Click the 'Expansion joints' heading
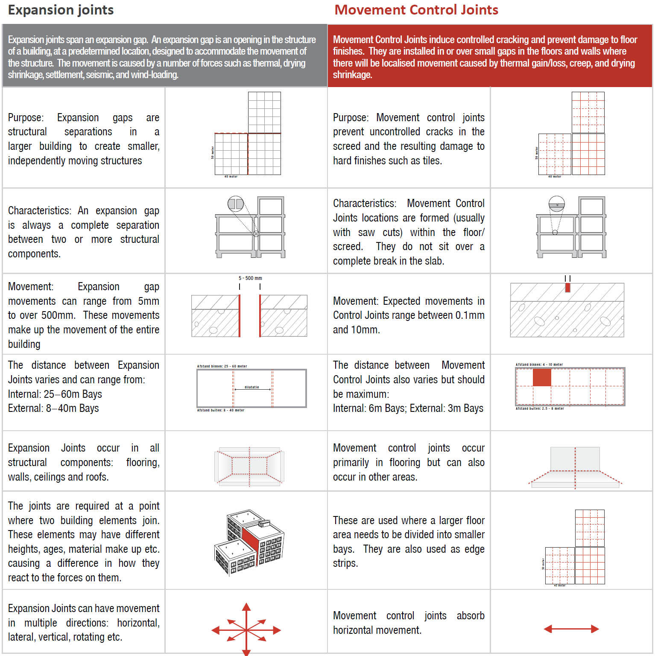coord(61,10)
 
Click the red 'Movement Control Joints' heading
coord(416,10)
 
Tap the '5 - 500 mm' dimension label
coord(250,278)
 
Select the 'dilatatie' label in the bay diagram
coord(252,387)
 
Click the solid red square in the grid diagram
coord(542,378)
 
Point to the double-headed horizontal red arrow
coord(571,629)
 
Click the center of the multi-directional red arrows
coord(246,630)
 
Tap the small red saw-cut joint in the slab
coord(567,288)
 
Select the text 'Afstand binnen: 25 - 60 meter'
coord(222,366)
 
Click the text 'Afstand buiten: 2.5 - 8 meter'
coord(540,408)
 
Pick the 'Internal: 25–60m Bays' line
coord(55,394)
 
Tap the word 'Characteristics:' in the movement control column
coord(364,204)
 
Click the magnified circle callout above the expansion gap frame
coord(235,204)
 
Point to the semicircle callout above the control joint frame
coord(556,204)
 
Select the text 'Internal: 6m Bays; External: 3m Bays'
coord(408,408)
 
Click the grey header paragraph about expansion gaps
coord(162,57)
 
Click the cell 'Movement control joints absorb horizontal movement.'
coord(408,623)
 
